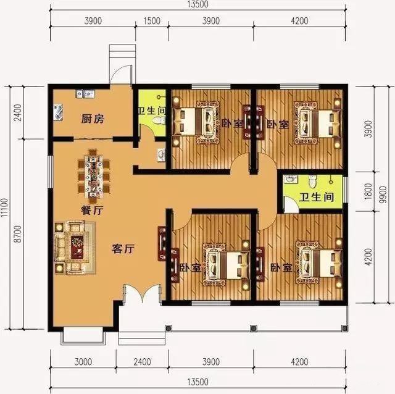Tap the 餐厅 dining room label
point(91,210)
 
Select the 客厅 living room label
point(123,249)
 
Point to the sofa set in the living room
point(73,245)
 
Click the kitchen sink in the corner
point(59,111)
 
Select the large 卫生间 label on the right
point(317,198)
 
